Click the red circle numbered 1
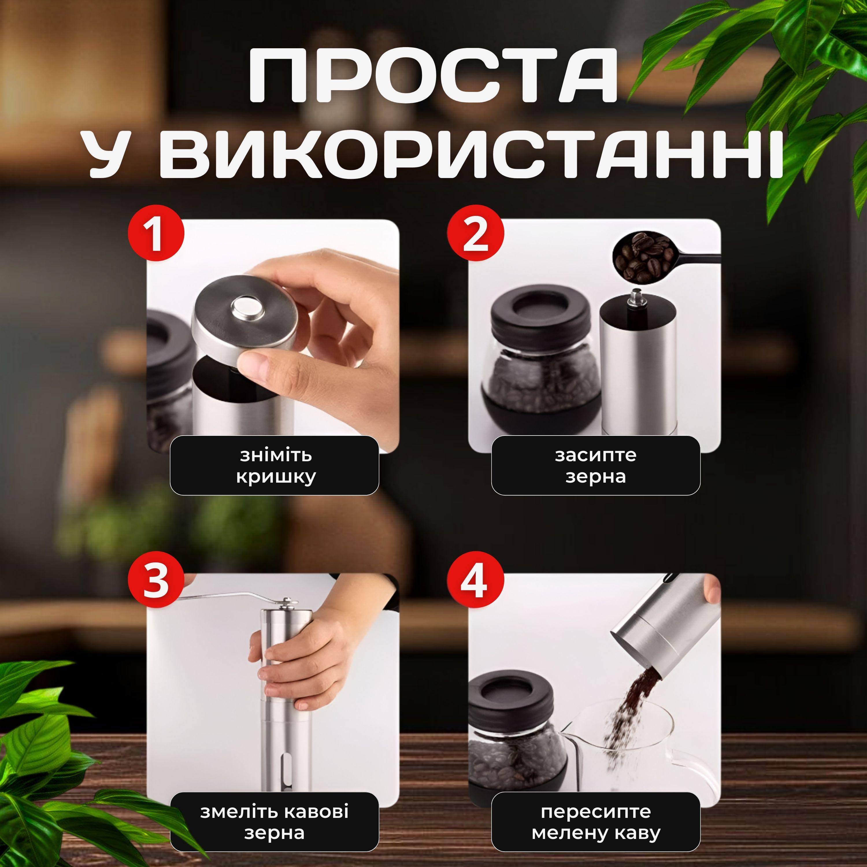tap(156, 233)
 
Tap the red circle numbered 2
tap(475, 233)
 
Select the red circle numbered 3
tap(156, 579)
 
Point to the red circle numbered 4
tap(475, 579)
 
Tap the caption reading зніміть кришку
tap(275, 465)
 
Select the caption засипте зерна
tap(596, 465)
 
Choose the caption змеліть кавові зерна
tap(275, 821)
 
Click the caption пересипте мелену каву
tap(596, 821)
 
